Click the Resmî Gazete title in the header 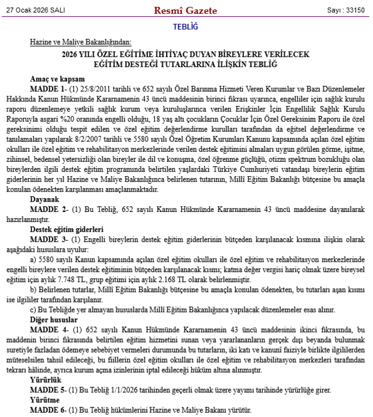[x=186, y=9]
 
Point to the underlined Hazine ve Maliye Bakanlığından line [x=81, y=42]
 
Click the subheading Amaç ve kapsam [x=57, y=79]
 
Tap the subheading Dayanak [x=44, y=198]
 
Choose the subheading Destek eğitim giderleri [x=66, y=229]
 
